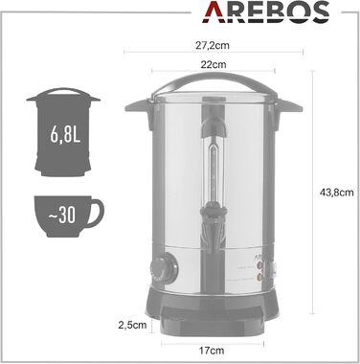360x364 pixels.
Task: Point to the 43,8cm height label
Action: (335, 192)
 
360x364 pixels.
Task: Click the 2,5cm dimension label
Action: (134, 323)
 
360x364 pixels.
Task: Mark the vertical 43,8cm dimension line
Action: (314, 192)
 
